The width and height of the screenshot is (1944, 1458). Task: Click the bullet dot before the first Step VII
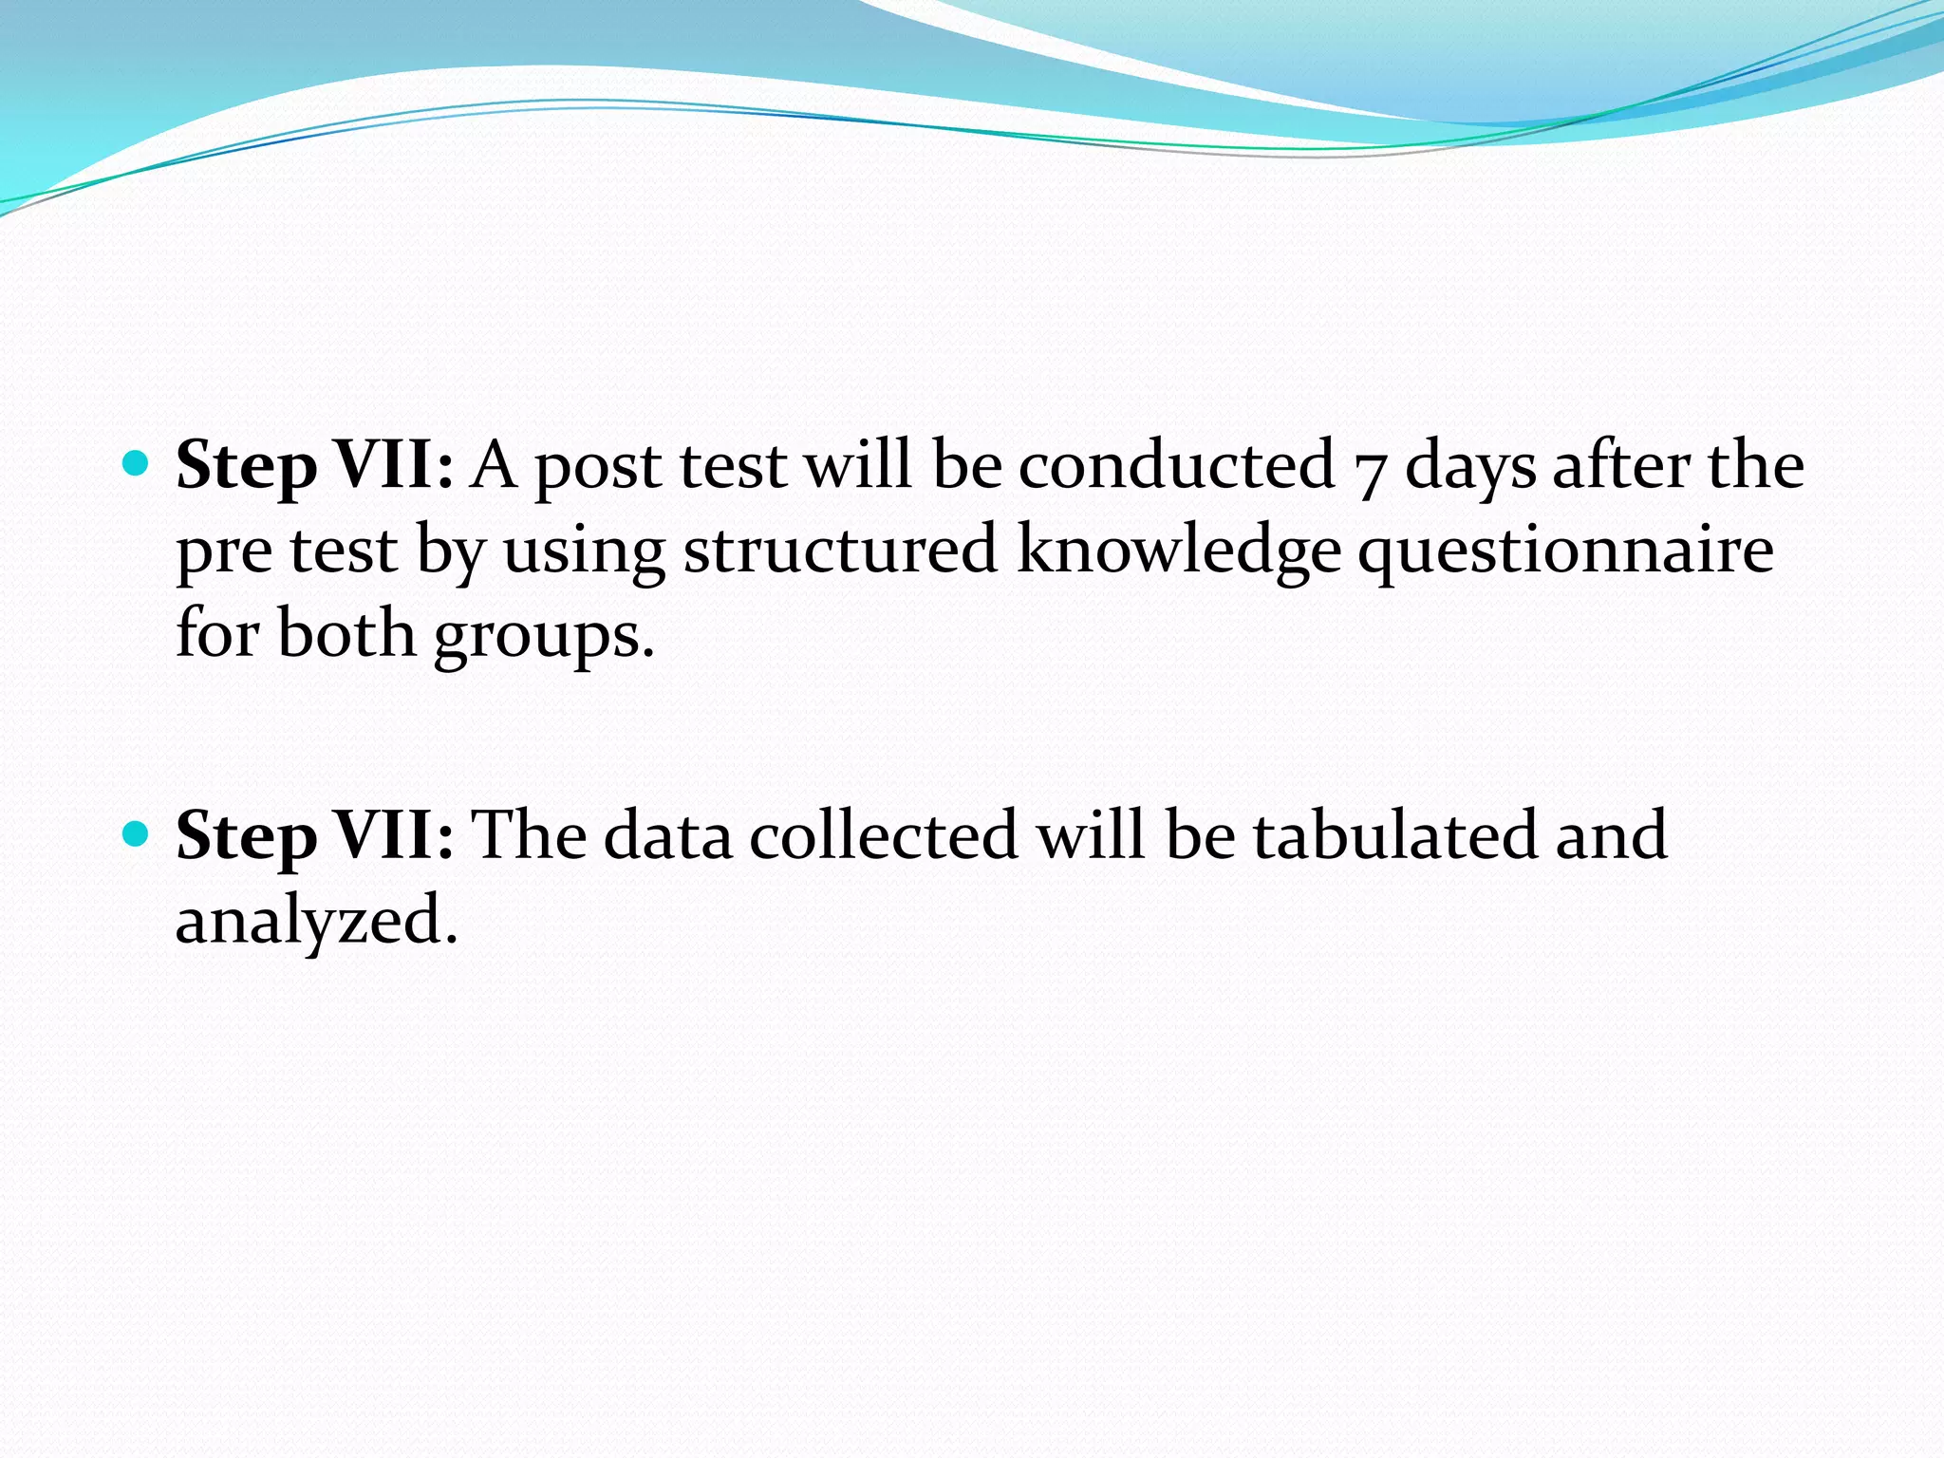137,464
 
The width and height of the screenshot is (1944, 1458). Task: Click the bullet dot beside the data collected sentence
137,833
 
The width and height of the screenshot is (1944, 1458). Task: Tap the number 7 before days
1369,471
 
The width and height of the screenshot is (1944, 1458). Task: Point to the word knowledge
1178,551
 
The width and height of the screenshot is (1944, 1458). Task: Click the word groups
544,636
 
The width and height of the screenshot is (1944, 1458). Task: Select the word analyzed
316,921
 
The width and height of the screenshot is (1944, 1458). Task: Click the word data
667,834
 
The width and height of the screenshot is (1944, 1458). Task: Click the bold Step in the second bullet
246,836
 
